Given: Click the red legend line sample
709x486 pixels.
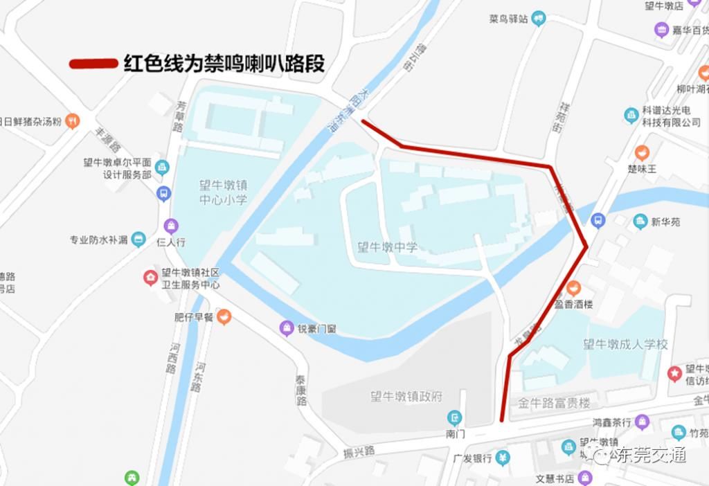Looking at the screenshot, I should (93, 64).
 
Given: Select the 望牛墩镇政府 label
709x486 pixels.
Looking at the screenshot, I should (406, 397).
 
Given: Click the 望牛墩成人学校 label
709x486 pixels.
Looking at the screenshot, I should (625, 344).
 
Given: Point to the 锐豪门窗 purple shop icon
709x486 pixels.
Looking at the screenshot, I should (286, 328).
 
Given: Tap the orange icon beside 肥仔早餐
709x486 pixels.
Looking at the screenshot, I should (224, 318).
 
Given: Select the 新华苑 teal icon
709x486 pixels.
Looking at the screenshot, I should (640, 222).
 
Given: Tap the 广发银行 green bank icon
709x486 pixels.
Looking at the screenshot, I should (504, 458).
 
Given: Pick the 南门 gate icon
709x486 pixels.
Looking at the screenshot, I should (454, 417).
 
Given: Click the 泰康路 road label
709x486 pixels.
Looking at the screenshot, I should (301, 390).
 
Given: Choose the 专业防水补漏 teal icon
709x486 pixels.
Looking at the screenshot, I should (138, 240).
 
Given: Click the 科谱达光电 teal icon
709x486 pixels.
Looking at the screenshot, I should (631, 115).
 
